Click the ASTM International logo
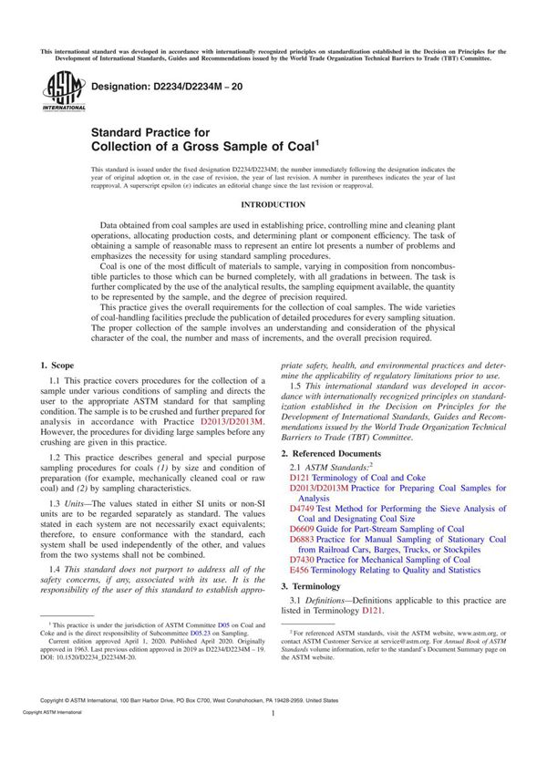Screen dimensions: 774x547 (x=58, y=91)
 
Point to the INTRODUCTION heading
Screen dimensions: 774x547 (x=273, y=205)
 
